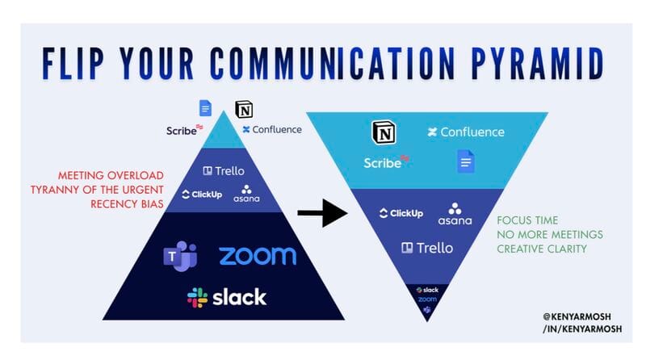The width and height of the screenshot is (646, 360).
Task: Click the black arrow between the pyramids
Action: [x=321, y=212]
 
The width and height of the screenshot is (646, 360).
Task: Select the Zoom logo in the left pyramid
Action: [x=258, y=256]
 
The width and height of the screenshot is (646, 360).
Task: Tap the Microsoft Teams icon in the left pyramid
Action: [x=180, y=256]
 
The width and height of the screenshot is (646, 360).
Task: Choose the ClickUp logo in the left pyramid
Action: [x=201, y=195]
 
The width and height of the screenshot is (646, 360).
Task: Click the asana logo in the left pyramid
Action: [x=246, y=194]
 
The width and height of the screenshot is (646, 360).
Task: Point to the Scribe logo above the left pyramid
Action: [x=185, y=130]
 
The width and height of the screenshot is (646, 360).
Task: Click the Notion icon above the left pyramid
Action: [x=243, y=108]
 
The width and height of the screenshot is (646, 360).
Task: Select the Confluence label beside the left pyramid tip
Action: [x=271, y=129]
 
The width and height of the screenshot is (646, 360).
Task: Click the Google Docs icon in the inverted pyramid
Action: [x=466, y=161]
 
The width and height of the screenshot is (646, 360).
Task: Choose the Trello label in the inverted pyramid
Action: [x=428, y=247]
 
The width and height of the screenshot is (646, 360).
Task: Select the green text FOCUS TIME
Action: [x=527, y=220]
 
